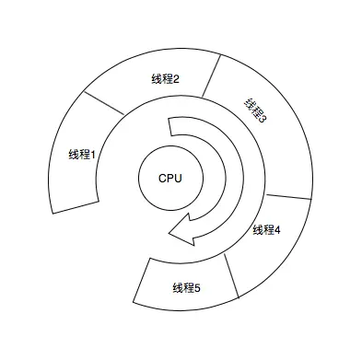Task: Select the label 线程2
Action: pyautogui.click(x=165, y=79)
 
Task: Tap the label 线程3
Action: pyautogui.click(x=255, y=113)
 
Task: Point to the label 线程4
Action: pyautogui.click(x=265, y=229)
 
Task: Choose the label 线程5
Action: pyautogui.click(x=186, y=288)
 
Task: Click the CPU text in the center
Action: pyautogui.click(x=170, y=178)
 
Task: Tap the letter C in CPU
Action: pyautogui.click(x=162, y=178)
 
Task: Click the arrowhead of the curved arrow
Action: pyautogui.click(x=181, y=234)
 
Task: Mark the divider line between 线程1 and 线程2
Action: pyautogui.click(x=103, y=102)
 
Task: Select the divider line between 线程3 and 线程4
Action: pyautogui.click(x=289, y=197)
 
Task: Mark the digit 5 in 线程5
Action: pyautogui.click(x=197, y=288)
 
